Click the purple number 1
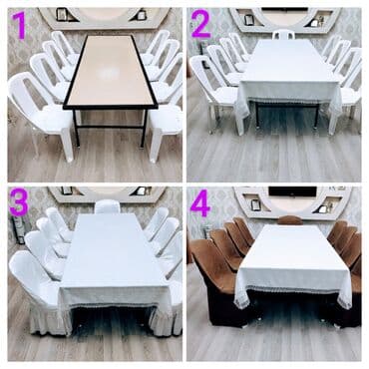click(x=21, y=25)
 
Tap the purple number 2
click(x=200, y=24)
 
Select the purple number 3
click(x=19, y=201)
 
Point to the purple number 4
click(x=200, y=202)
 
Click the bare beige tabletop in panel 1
click(x=110, y=70)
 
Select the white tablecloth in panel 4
click(x=293, y=261)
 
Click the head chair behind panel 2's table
click(x=283, y=34)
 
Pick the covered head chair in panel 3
click(x=107, y=206)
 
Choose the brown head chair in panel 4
click(x=290, y=220)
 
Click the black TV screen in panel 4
click(x=292, y=191)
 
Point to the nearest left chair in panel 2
click(x=217, y=93)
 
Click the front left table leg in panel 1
click(x=76, y=128)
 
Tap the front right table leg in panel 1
click(x=144, y=128)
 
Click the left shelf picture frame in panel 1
click(x=61, y=14)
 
